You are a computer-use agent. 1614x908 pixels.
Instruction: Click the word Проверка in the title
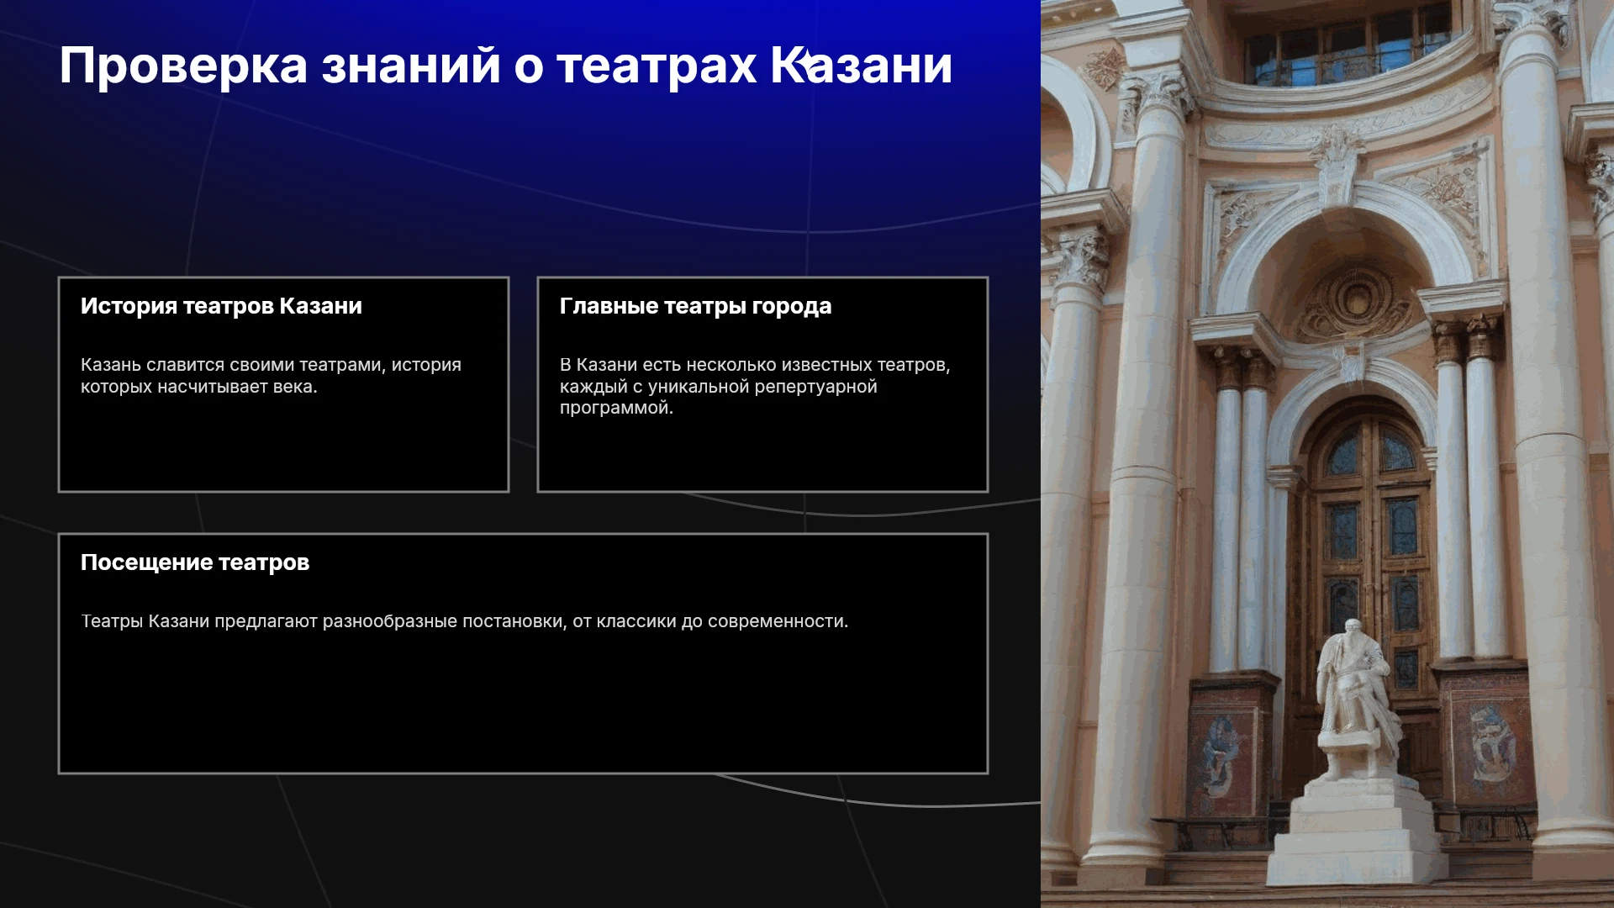click(183, 66)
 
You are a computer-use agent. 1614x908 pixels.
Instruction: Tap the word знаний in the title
click(412, 66)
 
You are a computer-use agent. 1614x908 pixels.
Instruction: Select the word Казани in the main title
click(862, 66)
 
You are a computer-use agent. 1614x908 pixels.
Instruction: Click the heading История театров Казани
click(221, 306)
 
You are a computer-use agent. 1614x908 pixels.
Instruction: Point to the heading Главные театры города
click(695, 307)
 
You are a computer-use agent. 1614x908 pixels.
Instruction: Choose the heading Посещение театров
click(195, 562)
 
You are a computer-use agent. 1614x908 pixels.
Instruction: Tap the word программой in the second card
click(616, 409)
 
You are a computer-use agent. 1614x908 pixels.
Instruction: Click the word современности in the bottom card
click(778, 621)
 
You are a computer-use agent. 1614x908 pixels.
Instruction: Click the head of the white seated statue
click(1352, 631)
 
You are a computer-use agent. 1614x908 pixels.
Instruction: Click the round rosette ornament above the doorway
click(1355, 298)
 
